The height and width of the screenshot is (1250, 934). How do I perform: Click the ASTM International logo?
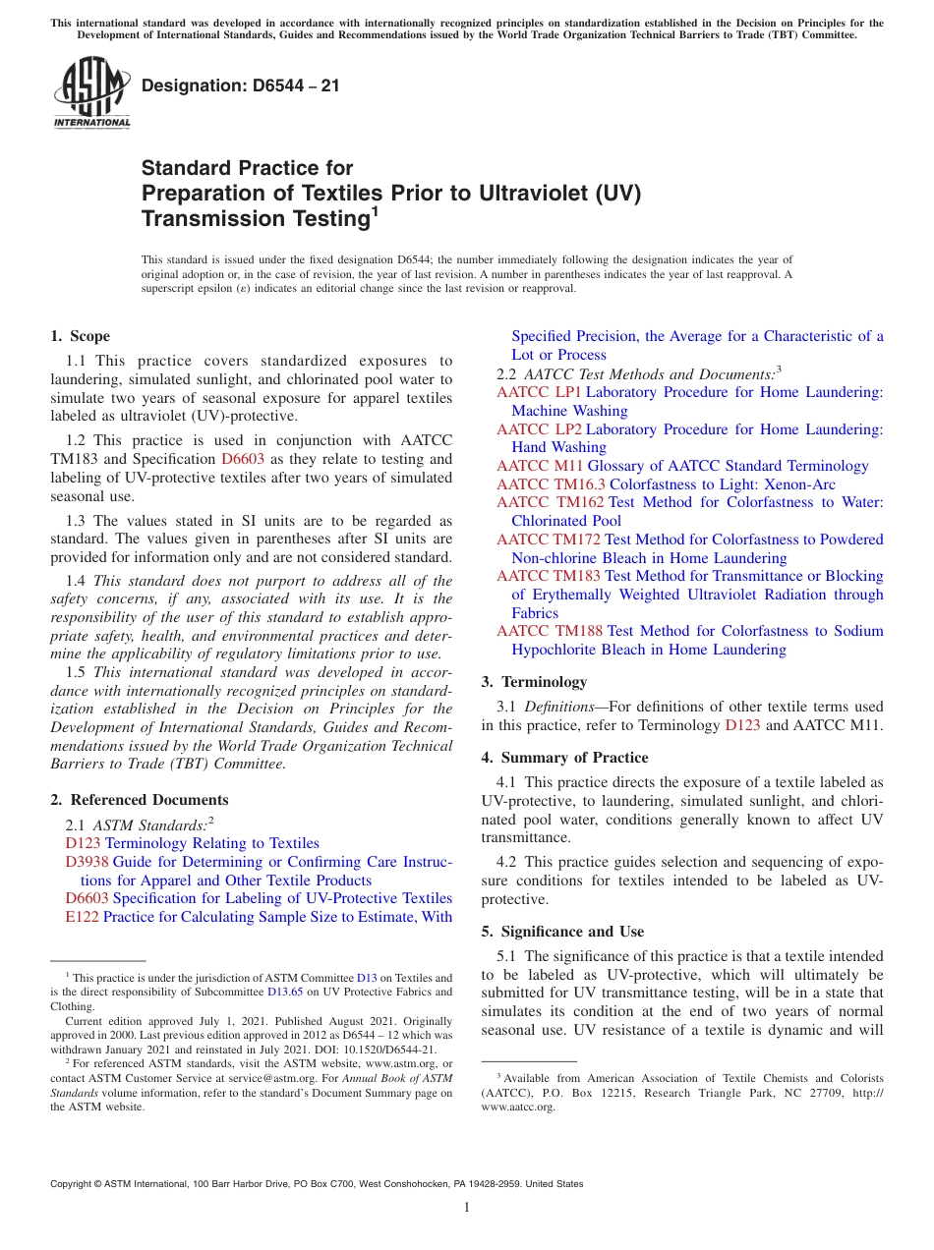coord(91,93)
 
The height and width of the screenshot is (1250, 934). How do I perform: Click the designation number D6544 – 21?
coord(241,85)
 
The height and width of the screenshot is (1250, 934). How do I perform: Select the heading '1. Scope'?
coord(81,336)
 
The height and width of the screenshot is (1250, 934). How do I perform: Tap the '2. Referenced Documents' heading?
coord(140,800)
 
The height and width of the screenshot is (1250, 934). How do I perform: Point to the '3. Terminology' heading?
coord(534,682)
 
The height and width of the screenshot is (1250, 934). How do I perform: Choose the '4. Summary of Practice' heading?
coord(564,758)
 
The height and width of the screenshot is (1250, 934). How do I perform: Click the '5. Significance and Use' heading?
coord(562,931)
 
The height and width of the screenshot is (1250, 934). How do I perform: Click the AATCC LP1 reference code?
coord(539,392)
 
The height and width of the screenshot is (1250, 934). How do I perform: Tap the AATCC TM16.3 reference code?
coord(551,484)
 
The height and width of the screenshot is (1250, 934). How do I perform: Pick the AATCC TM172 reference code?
coord(549,540)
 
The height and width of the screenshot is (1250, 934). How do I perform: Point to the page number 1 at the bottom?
coord(467,1207)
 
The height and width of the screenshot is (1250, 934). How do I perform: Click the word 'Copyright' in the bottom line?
coord(72,1184)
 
